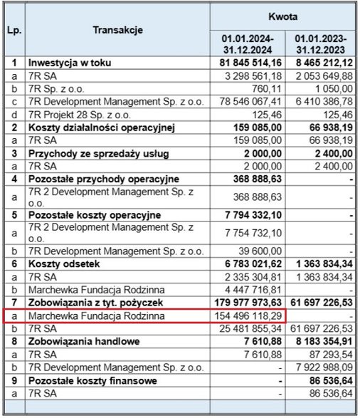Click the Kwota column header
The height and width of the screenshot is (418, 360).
[283, 15]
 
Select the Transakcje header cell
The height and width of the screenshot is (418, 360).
[117, 30]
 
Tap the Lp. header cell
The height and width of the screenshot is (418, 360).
[14, 30]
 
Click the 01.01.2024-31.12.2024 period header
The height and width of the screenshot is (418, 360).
[247, 43]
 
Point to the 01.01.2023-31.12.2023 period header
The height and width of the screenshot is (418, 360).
[321, 43]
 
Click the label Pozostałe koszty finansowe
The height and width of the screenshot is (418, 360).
[85, 380]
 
